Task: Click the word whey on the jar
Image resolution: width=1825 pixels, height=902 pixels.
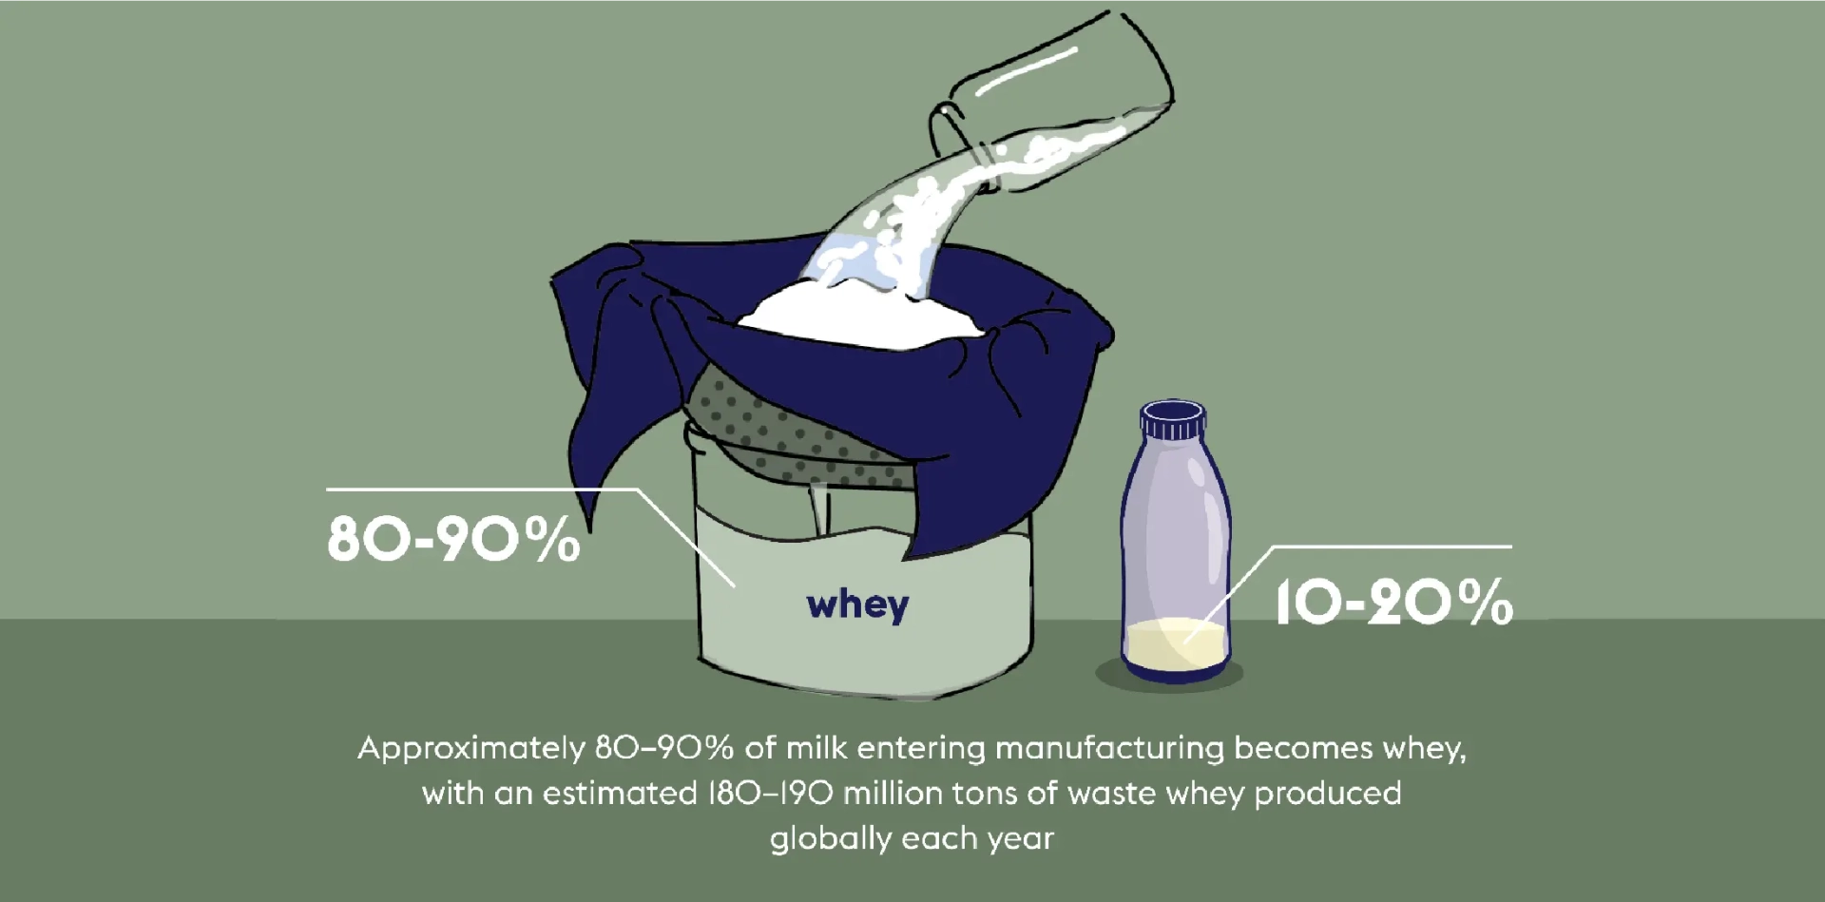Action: coord(857,605)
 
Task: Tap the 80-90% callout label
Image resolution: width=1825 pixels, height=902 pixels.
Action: coord(453,539)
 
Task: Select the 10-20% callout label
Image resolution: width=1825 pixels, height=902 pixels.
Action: coord(1393,602)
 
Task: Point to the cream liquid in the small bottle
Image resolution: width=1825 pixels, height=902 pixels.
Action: coord(1176,643)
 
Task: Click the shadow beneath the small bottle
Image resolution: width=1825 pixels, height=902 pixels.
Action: coord(1169,676)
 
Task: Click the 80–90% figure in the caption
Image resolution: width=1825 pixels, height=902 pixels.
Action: coord(664,748)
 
